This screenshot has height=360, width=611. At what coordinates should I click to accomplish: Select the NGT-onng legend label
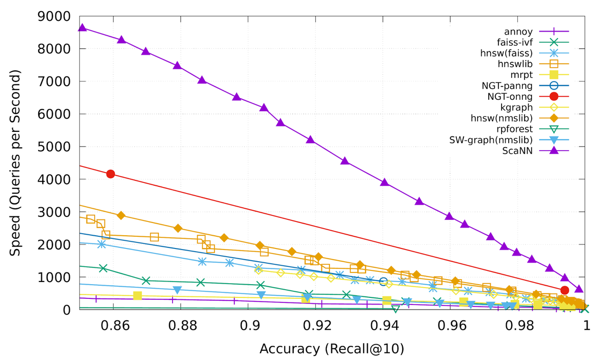(x=510, y=97)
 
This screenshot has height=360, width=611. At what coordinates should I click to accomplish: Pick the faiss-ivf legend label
(x=516, y=42)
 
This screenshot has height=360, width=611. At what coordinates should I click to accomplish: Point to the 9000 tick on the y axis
(x=53, y=16)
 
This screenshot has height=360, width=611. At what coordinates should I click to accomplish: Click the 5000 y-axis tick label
(x=53, y=147)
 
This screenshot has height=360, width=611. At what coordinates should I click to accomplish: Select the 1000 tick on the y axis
(x=53, y=277)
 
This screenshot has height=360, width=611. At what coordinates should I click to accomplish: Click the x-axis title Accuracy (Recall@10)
(x=332, y=349)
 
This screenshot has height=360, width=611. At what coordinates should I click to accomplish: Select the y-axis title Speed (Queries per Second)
(x=16, y=163)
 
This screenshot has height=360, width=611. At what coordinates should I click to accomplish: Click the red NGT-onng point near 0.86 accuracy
(x=110, y=174)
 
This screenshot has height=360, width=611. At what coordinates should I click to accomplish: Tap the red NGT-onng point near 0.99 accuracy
(x=564, y=290)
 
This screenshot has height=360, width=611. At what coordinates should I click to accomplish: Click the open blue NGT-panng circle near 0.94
(x=384, y=282)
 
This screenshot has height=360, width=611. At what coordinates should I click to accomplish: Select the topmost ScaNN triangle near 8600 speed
(x=82, y=27)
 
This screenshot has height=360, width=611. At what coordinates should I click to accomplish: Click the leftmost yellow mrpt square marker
(x=137, y=296)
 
